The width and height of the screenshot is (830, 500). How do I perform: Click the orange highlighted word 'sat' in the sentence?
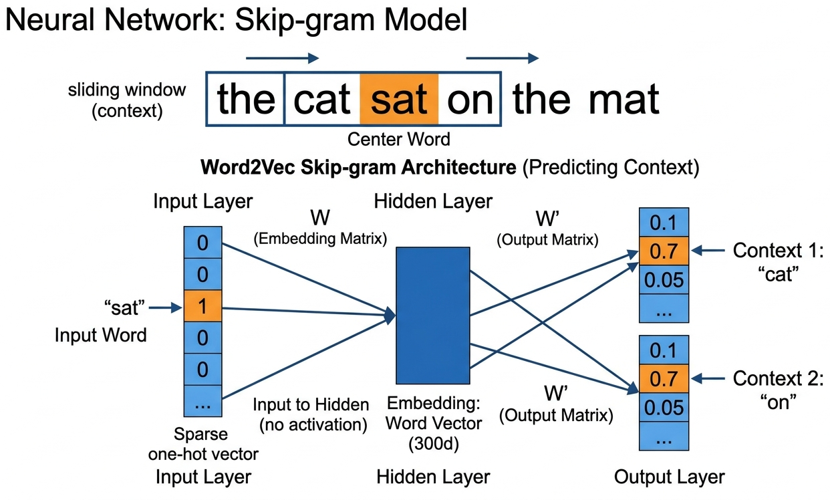click(x=399, y=99)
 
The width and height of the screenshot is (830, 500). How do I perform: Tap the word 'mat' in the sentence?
click(x=624, y=99)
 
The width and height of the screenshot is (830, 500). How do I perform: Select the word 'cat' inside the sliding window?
click(x=322, y=99)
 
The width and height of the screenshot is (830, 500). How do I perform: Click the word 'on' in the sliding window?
click(x=470, y=99)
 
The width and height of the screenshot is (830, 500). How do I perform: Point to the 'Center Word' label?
click(x=399, y=140)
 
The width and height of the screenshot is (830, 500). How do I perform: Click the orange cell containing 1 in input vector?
click(x=202, y=307)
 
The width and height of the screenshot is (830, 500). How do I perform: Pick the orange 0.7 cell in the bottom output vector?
click(x=664, y=378)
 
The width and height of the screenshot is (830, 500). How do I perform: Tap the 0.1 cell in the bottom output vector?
click(x=664, y=350)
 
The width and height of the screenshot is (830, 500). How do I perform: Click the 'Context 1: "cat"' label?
click(x=779, y=262)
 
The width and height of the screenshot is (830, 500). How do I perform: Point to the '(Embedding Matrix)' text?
click(x=321, y=239)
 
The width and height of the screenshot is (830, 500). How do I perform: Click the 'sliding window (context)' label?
click(x=127, y=100)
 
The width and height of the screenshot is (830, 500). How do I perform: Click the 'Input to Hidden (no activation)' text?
click(x=311, y=414)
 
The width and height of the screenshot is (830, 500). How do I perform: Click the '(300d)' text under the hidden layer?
click(x=434, y=443)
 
